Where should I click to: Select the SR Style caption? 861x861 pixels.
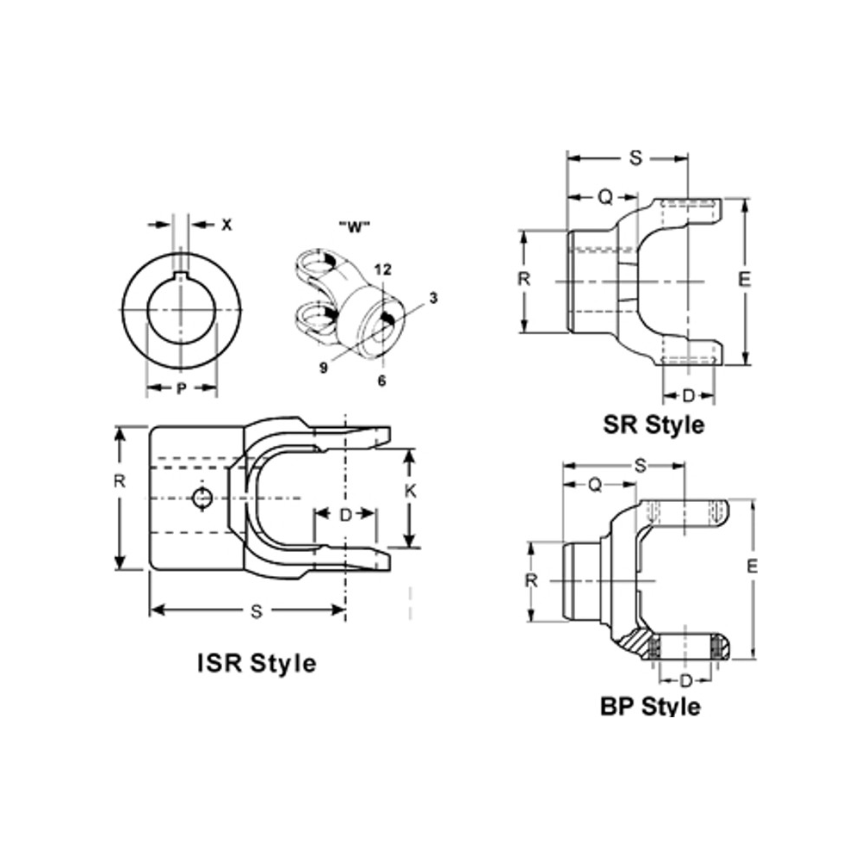point(653,424)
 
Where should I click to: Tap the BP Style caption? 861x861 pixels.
point(650,707)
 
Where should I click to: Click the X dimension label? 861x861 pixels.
point(226,225)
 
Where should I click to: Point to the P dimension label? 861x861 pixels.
point(181,389)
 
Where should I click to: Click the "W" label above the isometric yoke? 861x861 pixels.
point(353,227)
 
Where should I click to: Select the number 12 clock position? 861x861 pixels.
point(383,269)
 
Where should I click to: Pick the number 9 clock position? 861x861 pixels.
point(323,368)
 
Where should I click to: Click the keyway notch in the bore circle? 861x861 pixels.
point(181,276)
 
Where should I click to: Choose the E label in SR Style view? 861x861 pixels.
point(745,280)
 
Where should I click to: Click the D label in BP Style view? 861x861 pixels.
point(685,681)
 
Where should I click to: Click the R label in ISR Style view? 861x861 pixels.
point(120,482)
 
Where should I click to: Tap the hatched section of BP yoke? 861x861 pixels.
point(637,641)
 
